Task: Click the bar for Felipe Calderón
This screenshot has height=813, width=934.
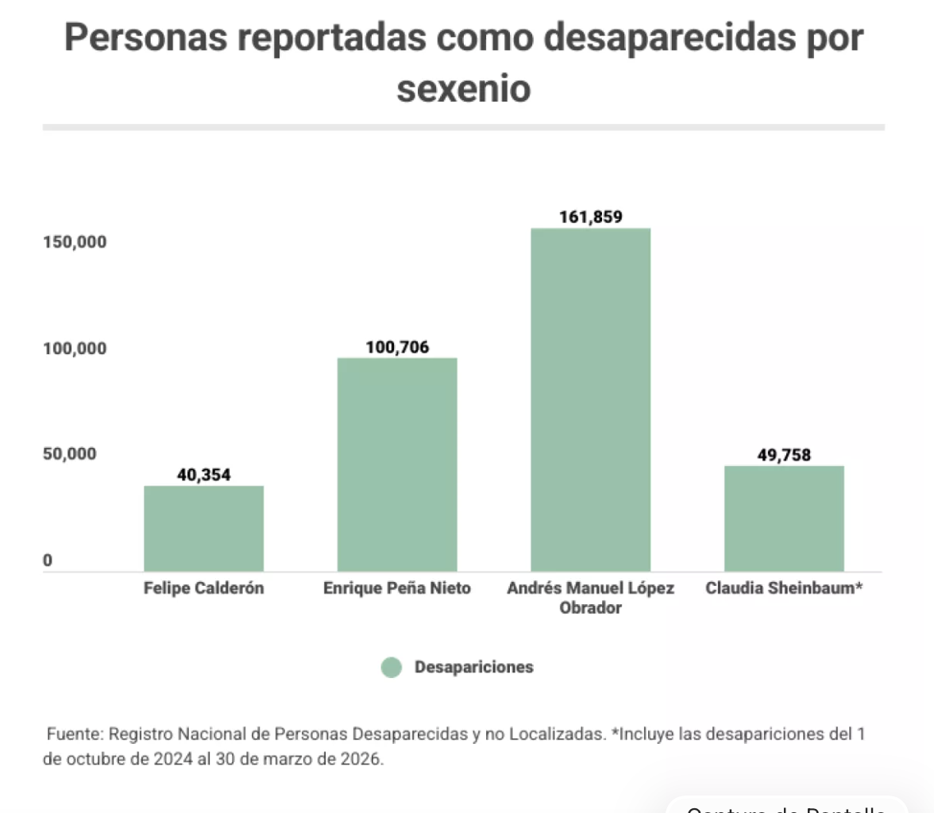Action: (x=203, y=528)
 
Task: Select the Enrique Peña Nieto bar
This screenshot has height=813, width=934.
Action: (x=397, y=464)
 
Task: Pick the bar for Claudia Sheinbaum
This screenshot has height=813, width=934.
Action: (x=784, y=518)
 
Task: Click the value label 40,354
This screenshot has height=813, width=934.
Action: (x=203, y=475)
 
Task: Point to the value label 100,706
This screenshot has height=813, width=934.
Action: (x=397, y=347)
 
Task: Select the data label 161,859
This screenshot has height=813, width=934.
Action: (x=591, y=217)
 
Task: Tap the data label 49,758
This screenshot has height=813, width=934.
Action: (x=784, y=455)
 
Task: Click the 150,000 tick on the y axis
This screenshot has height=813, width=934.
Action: (x=75, y=242)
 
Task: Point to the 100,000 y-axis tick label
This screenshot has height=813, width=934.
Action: (x=75, y=349)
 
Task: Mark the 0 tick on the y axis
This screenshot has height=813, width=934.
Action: (x=48, y=561)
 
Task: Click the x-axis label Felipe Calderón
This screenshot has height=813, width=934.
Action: (x=204, y=589)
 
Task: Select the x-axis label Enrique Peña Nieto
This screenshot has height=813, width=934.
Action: (x=397, y=589)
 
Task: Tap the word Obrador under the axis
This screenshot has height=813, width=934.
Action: (x=591, y=609)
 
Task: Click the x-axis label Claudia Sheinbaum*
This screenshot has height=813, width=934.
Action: (x=784, y=589)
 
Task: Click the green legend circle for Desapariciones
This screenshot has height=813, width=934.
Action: (x=392, y=668)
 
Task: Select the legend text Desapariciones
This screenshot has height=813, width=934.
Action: (x=474, y=668)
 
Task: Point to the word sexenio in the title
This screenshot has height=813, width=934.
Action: (x=463, y=89)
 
